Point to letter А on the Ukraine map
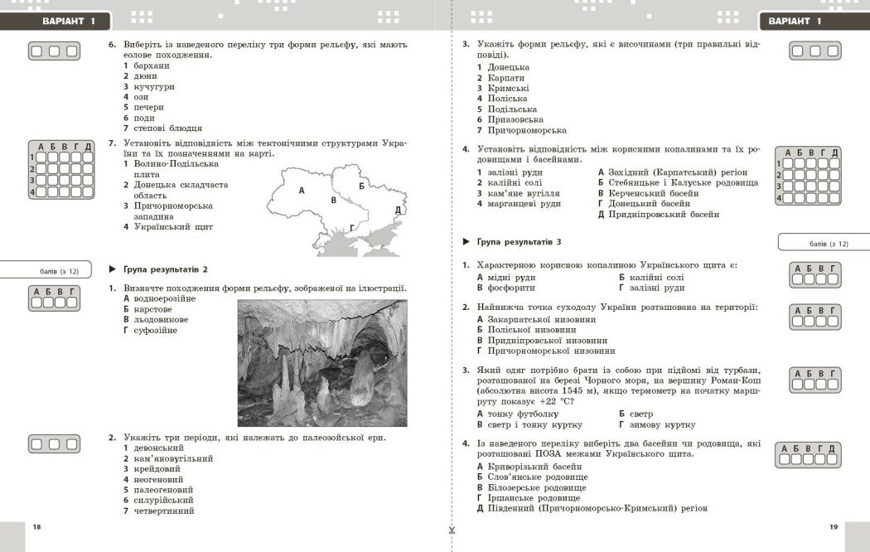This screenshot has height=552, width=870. pos(301,190)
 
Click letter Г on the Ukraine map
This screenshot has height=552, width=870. pos(352,227)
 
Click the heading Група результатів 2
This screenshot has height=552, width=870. pos(165,269)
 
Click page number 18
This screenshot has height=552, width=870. pos(36,527)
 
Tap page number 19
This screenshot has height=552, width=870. pos(834,527)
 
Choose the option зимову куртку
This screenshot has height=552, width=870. pos(662,424)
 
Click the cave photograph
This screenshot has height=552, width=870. pos(322,363)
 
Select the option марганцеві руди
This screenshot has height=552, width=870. pos(524,204)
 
